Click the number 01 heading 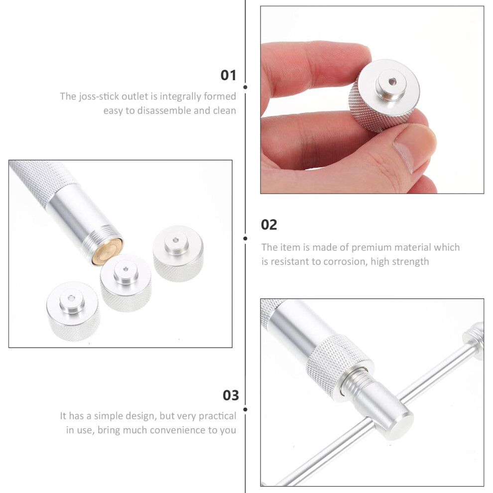coord(228,75)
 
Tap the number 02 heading coord(269,225)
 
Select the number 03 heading coord(231,395)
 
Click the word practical coord(217,416)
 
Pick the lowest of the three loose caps coord(73,311)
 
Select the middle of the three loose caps coord(126,283)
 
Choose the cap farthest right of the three coord(178,253)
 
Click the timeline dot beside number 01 coord(245,87)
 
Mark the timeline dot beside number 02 coord(245,239)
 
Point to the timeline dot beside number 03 coord(245,409)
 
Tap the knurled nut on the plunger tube coord(340,361)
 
